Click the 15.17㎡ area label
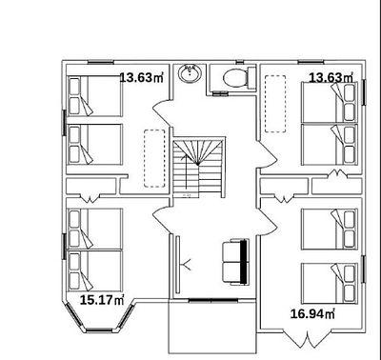point(102,300)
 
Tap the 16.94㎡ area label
point(312,314)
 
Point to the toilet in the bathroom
point(239,78)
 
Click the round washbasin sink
point(190,73)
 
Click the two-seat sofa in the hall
point(235,262)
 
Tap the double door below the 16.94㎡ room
point(308,340)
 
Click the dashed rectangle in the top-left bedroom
point(154,158)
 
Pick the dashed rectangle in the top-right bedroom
point(275,104)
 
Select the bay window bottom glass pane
point(99,330)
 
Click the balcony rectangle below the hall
point(212,327)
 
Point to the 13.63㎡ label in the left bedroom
point(142,77)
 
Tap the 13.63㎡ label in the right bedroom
point(331,77)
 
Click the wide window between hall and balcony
point(213,300)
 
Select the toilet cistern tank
point(251,78)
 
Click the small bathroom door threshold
point(220,93)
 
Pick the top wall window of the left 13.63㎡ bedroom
point(100,62)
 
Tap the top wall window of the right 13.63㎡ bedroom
point(311,62)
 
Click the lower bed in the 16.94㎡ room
point(330,283)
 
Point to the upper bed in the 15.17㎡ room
point(95,229)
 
